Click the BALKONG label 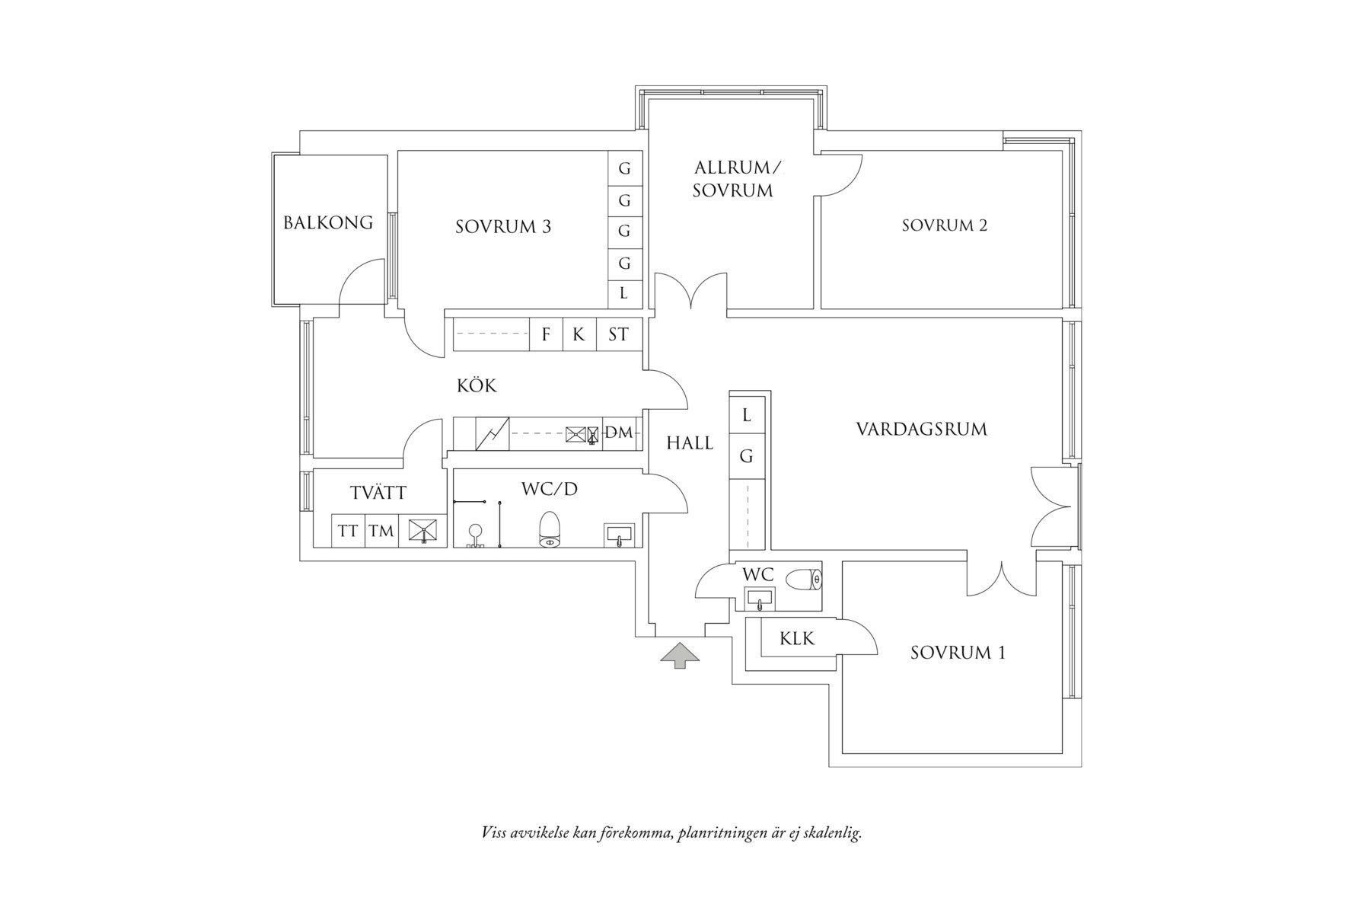328,222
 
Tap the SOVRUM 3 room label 503,227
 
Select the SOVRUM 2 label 944,225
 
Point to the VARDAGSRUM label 921,430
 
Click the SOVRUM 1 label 958,653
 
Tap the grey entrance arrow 679,655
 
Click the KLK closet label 797,638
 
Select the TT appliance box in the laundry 348,531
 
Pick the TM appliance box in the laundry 381,531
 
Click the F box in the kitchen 546,334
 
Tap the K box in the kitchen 579,334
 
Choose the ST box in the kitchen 618,334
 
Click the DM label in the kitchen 619,433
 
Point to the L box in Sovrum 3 624,292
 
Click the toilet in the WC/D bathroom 549,529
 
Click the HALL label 690,443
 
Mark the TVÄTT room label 378,493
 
